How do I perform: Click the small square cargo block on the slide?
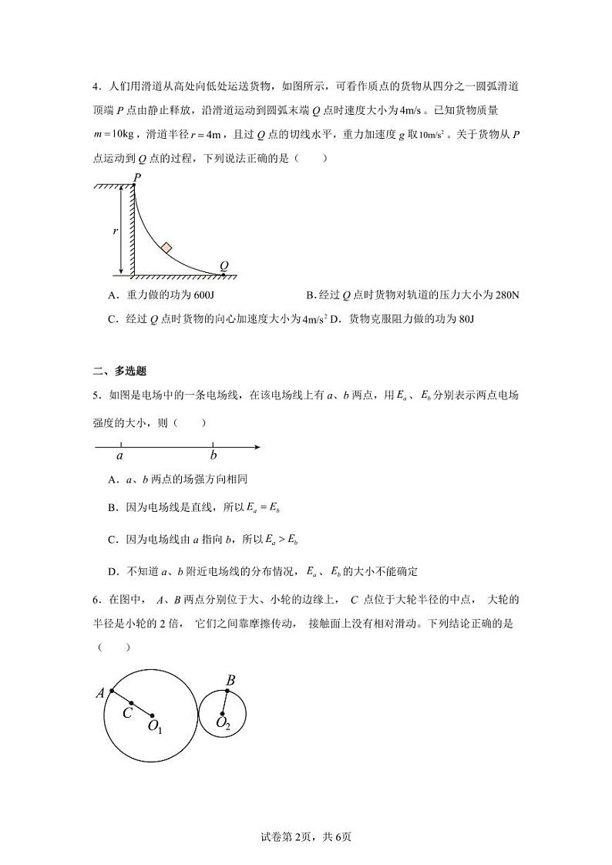click(166, 247)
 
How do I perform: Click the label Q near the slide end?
click(224, 264)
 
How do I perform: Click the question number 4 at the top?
click(95, 86)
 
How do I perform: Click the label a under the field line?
click(119, 456)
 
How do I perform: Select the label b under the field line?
click(214, 456)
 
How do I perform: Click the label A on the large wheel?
click(100, 693)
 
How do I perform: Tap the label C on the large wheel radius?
click(127, 713)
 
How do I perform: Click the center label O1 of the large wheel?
click(155, 726)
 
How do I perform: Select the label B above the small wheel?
click(230, 680)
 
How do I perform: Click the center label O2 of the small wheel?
click(223, 724)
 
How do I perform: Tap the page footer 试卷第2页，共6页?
click(305, 836)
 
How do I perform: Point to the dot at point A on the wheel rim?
click(112, 691)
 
